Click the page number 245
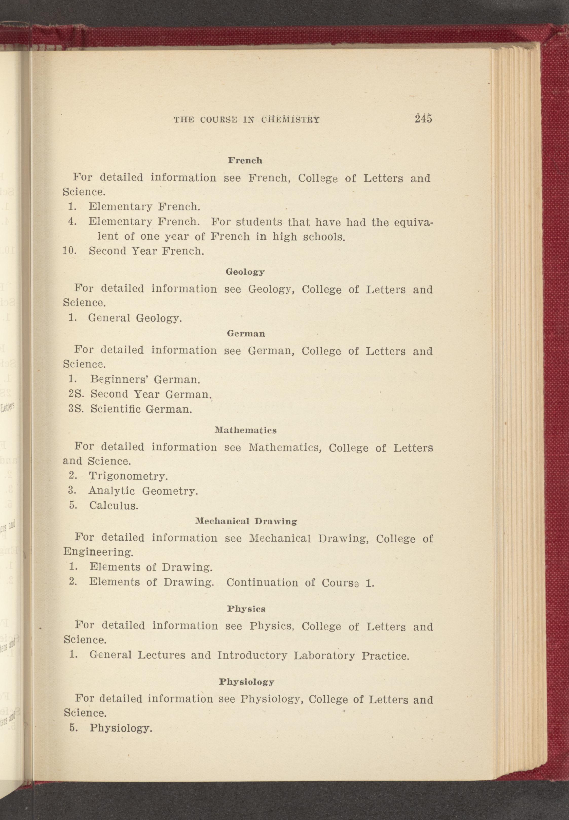tap(423, 118)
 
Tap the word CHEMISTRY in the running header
tap(290, 120)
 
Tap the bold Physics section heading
tap(246, 609)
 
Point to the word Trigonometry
tap(128, 476)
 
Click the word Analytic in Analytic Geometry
tap(112, 491)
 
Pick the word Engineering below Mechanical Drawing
tap(98, 552)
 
